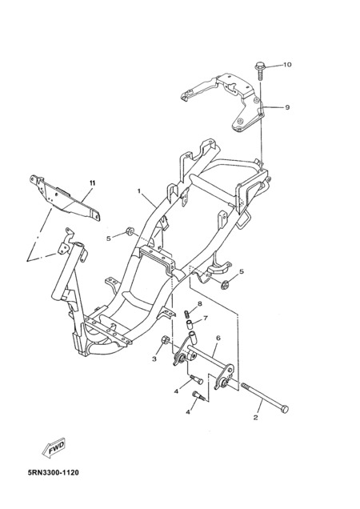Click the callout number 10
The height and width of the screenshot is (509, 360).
pyautogui.click(x=287, y=65)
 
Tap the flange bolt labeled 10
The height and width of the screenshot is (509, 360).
pyautogui.click(x=260, y=70)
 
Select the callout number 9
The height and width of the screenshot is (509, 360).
pyautogui.click(x=287, y=107)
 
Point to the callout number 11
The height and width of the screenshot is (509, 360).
pyautogui.click(x=92, y=183)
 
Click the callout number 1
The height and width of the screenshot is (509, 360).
pyautogui.click(x=139, y=191)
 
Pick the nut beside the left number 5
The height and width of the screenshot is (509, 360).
pyautogui.click(x=130, y=231)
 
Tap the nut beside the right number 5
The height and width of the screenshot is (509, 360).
pyautogui.click(x=224, y=285)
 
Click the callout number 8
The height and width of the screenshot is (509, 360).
pyautogui.click(x=200, y=304)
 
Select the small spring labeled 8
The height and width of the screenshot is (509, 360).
pyautogui.click(x=187, y=314)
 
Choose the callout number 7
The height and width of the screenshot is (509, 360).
pyautogui.click(x=206, y=319)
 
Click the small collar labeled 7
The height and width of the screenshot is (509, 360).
pyautogui.click(x=189, y=324)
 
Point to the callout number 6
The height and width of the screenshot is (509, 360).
pyautogui.click(x=218, y=339)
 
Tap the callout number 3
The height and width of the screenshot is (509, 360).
pyautogui.click(x=154, y=359)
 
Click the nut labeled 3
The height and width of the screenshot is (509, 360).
pyautogui.click(x=165, y=340)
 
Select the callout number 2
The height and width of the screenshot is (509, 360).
pyautogui.click(x=255, y=418)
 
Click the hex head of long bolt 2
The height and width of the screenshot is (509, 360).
pyautogui.click(x=283, y=409)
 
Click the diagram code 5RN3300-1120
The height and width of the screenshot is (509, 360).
pyautogui.click(x=54, y=473)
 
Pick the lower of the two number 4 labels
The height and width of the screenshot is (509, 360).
pyautogui.click(x=188, y=412)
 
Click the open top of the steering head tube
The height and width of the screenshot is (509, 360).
pyautogui.click(x=79, y=245)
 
